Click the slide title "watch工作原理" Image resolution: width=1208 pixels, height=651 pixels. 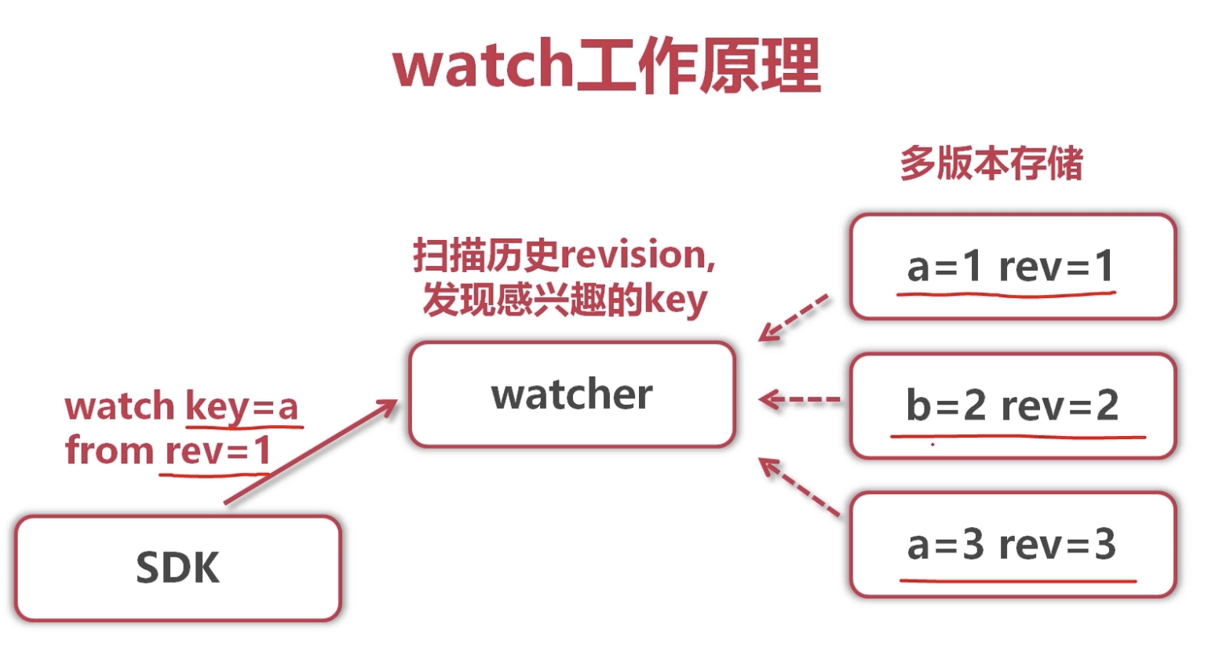606,66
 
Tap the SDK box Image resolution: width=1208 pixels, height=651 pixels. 177,568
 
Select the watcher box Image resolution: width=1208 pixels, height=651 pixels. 572,394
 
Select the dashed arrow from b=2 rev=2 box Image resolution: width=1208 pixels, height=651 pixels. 799,400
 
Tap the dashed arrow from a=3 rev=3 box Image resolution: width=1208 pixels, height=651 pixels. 798,486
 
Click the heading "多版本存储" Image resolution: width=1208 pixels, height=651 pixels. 991,164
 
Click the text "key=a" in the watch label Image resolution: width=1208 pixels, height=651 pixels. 242,406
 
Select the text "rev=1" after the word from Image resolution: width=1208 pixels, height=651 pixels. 217,451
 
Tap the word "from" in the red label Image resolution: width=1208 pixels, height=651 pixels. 108,451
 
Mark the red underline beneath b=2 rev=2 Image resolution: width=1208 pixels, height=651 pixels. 1017,435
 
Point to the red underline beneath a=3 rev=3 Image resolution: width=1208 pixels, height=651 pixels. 1017,581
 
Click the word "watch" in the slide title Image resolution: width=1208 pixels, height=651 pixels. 483,66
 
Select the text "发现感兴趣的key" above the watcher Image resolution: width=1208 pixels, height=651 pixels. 565,300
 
